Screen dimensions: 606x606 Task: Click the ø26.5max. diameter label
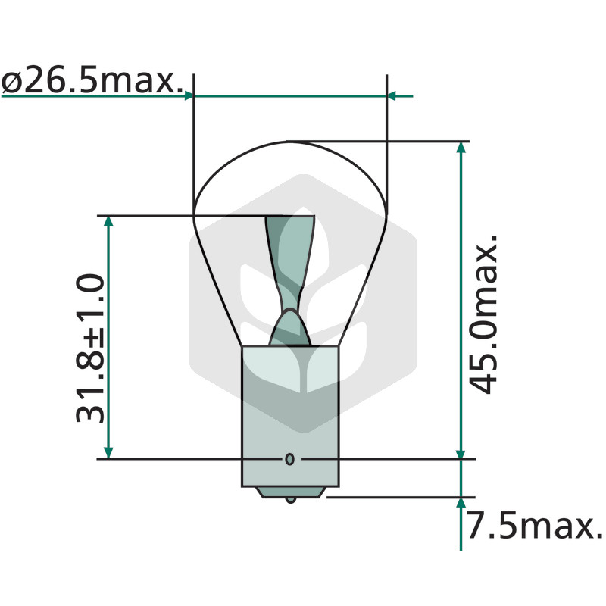pyautogui.click(x=92, y=82)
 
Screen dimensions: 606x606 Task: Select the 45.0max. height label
pyautogui.click(x=483, y=314)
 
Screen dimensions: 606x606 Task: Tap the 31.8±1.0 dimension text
pyautogui.click(x=90, y=348)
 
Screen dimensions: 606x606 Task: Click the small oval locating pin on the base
pyautogui.click(x=290, y=459)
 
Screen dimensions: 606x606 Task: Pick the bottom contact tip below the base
pyautogui.click(x=291, y=501)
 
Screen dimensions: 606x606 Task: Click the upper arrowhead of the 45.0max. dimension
pyautogui.click(x=461, y=148)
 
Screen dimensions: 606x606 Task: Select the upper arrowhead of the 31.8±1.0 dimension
pyautogui.click(x=108, y=221)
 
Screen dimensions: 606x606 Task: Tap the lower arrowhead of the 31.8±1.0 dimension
pyautogui.click(x=108, y=452)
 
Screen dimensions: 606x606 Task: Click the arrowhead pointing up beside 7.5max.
pyautogui.click(x=461, y=503)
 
